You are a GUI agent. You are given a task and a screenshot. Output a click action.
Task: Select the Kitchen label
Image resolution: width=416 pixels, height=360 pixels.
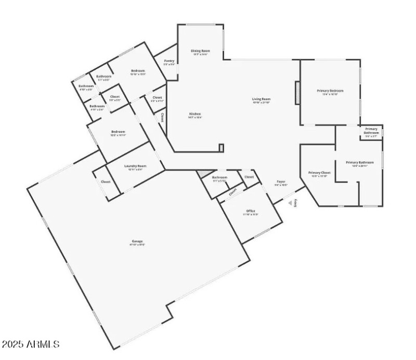click(x=194, y=115)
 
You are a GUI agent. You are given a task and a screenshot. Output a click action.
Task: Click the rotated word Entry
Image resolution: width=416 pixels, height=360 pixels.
click(x=295, y=203)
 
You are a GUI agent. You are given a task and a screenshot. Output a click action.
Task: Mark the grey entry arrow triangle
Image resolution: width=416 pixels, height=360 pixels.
click(x=290, y=204)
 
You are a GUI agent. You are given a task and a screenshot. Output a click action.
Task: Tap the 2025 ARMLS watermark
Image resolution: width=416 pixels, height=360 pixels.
click(x=31, y=344)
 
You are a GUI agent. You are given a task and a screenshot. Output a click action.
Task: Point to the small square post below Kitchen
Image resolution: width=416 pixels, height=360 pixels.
click(x=221, y=148)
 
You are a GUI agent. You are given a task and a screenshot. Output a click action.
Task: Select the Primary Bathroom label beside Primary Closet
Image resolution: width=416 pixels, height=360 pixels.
click(x=360, y=163)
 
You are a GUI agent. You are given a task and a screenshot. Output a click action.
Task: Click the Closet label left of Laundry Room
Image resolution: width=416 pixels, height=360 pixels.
click(x=106, y=182)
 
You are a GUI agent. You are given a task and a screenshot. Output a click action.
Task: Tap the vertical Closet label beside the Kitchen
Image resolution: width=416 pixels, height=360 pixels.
click(x=163, y=118)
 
